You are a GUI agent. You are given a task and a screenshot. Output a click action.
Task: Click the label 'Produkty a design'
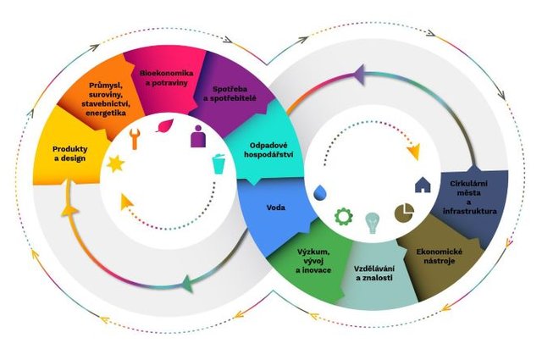point(69,154)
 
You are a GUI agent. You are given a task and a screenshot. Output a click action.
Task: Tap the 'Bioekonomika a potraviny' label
point(166,78)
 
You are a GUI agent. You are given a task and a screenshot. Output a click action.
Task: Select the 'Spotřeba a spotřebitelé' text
point(230,94)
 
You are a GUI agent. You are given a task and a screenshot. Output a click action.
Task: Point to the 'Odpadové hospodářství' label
point(268,150)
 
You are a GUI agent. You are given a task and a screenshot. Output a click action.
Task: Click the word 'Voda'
point(276,208)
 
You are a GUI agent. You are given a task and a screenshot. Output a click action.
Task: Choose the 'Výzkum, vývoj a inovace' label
point(313,261)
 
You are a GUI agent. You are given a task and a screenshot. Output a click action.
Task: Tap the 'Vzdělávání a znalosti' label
point(374,274)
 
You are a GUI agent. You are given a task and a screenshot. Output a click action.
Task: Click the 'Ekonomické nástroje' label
point(440,257)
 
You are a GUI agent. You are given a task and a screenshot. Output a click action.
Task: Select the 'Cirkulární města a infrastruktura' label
point(469,197)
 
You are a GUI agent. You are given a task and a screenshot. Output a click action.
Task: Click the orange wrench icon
point(135,138)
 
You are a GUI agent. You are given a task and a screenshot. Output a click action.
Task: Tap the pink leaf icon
point(165,126)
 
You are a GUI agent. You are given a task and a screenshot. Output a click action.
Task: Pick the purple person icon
point(198,136)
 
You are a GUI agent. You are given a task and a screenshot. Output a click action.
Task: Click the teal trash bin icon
point(218,164)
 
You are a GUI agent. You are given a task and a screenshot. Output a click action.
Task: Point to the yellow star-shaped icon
point(115,163)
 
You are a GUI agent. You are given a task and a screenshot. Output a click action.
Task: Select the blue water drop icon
point(320,192)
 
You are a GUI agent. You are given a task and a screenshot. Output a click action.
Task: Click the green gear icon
point(344,217)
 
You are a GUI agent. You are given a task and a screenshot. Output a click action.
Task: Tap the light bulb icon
point(373,223)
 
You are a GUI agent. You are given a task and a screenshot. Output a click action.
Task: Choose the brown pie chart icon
point(404,212)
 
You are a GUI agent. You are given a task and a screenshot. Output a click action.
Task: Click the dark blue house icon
point(423,185)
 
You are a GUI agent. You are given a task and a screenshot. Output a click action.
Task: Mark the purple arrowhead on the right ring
point(359,75)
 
